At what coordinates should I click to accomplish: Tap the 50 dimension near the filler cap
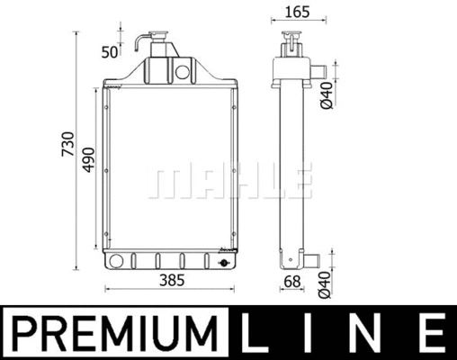pos(110,51)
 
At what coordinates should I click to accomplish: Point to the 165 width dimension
pos(294,13)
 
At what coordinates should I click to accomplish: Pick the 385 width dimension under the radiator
pos(170,280)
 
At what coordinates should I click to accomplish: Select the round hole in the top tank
pos(184,70)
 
